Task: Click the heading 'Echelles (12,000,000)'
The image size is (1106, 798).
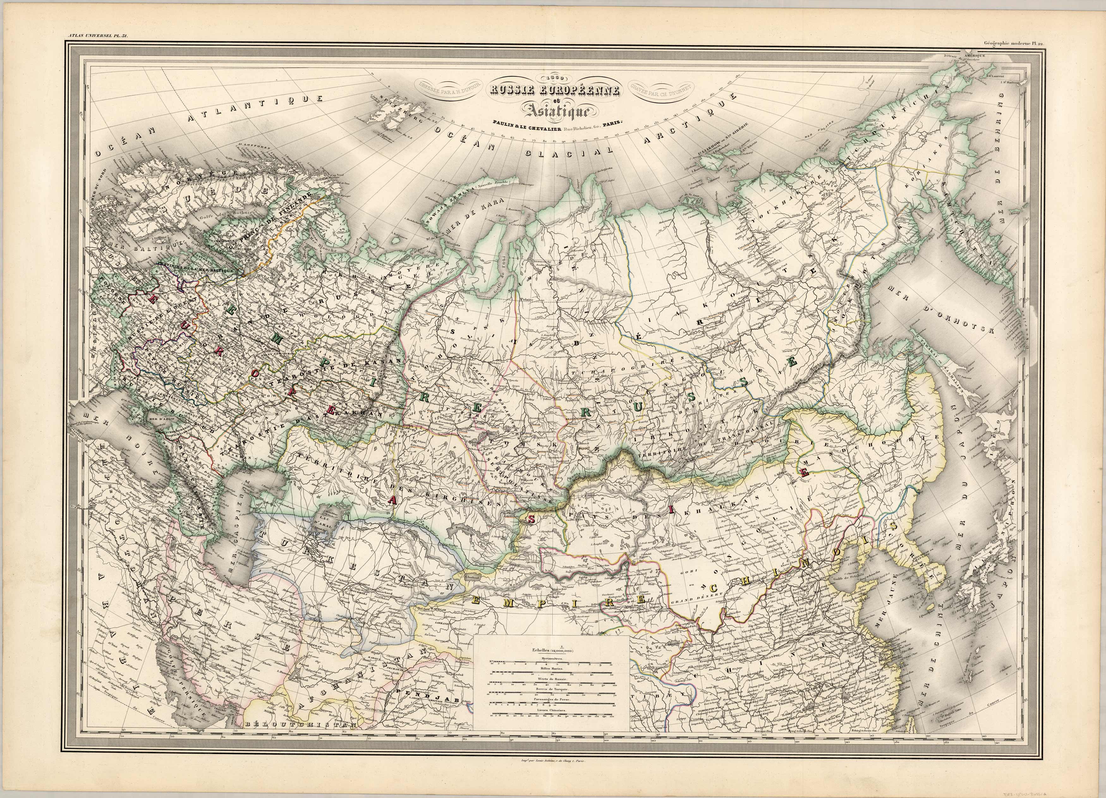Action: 551,650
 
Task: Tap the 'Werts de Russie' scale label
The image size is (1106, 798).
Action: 551,679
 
